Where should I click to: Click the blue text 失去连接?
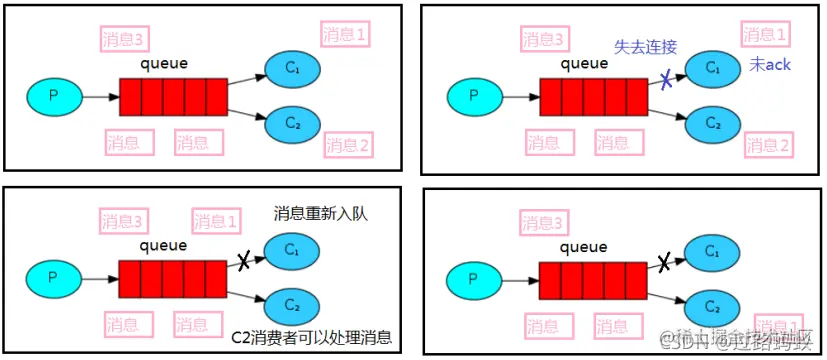tap(647, 47)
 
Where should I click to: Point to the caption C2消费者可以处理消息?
tap(311, 336)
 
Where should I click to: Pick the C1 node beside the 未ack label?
tap(712, 68)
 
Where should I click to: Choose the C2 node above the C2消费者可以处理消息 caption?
tap(293, 303)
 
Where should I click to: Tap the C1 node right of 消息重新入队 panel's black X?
tap(292, 249)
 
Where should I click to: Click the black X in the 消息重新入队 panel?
tap(243, 262)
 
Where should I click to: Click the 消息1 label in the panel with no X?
tap(345, 33)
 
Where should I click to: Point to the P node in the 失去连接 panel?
tap(474, 98)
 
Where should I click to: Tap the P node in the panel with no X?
tap(54, 97)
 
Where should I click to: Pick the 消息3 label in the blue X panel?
tap(544, 40)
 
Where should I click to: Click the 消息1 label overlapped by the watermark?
tap(778, 327)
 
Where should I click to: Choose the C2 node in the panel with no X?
tap(292, 124)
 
